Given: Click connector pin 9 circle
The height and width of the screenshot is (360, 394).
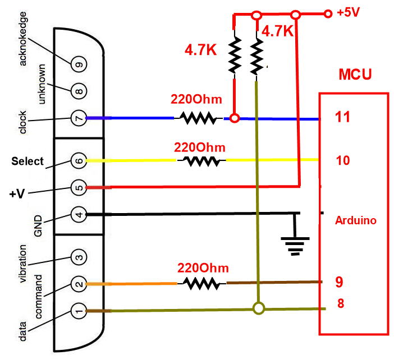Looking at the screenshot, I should pyautogui.click(x=79, y=64).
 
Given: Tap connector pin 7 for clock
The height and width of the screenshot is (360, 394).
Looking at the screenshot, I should pyautogui.click(x=79, y=118).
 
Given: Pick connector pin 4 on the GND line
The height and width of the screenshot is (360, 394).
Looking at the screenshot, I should pyautogui.click(x=79, y=214).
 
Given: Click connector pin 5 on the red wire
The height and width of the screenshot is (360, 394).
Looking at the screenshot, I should pyautogui.click(x=79, y=187).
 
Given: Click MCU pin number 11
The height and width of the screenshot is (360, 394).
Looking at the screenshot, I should pyautogui.click(x=342, y=118).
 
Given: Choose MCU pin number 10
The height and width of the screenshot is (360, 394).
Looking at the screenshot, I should pyautogui.click(x=342, y=160).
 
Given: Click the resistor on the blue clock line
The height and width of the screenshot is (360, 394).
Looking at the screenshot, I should pyautogui.click(x=198, y=118).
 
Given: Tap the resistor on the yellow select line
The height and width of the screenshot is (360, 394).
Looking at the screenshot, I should pyautogui.click(x=201, y=161).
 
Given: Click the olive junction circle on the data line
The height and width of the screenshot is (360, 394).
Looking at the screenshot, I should pyautogui.click(x=258, y=308).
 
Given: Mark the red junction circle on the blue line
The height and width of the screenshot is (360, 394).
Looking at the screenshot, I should pyautogui.click(x=235, y=118).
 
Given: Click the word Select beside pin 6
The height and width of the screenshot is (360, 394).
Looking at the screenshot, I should pyautogui.click(x=28, y=161).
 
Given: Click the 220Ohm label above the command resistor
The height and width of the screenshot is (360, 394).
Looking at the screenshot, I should pyautogui.click(x=201, y=267).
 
